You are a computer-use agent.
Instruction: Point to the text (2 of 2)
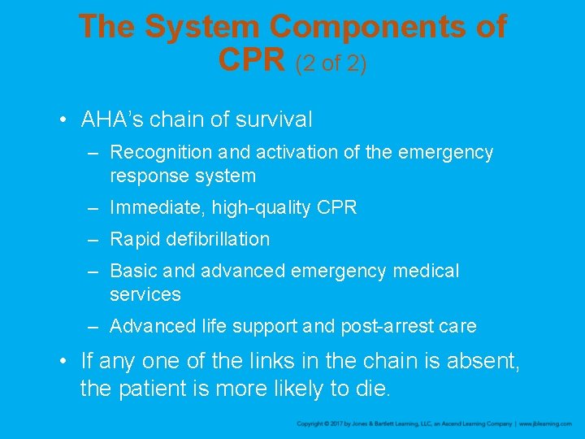click(x=331, y=63)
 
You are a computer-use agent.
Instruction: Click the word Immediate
click(x=158, y=207)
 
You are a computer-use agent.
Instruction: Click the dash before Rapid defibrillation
click(x=94, y=239)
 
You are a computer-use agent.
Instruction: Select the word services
click(x=145, y=293)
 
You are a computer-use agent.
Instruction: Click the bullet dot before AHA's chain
click(x=63, y=120)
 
